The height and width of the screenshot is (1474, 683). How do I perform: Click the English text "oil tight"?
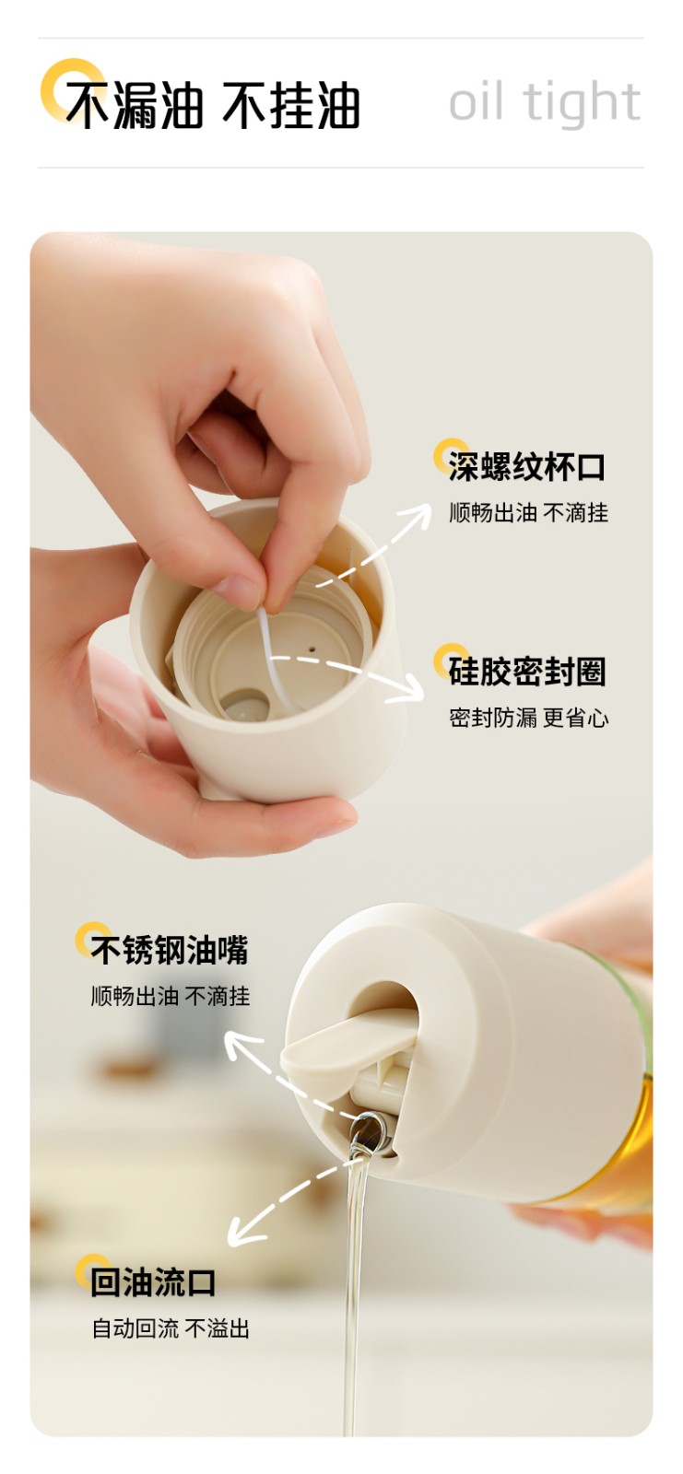point(544,102)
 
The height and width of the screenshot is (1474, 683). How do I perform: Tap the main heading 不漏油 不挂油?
point(213,105)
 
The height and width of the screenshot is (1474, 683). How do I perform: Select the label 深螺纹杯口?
point(526,466)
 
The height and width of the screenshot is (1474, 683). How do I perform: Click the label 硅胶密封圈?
point(526,672)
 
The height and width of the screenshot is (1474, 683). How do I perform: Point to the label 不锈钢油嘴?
point(170,950)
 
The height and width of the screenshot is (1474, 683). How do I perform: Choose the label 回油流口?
point(153,1282)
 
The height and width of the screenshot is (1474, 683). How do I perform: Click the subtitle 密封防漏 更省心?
point(528,718)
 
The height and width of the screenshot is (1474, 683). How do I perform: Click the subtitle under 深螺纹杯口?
point(528,512)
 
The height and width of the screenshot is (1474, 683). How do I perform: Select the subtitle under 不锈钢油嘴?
point(171,996)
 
